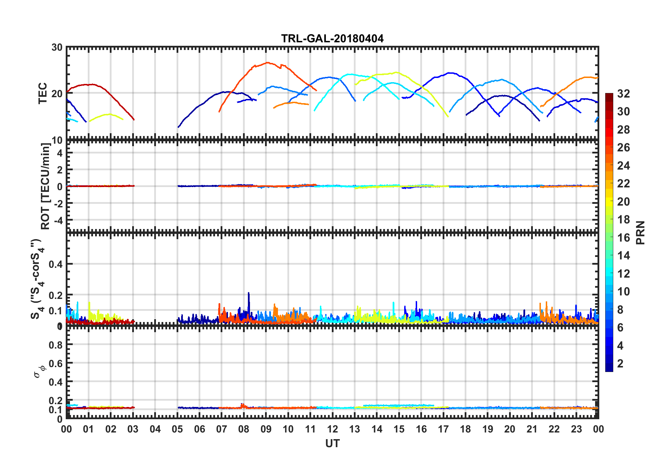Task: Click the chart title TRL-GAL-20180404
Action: tap(332, 38)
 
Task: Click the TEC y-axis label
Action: tap(43, 93)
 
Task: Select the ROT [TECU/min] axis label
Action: tap(45, 186)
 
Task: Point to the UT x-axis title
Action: tap(332, 443)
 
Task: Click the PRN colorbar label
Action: tap(641, 232)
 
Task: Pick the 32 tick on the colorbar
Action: tap(623, 94)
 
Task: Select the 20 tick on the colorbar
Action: tap(623, 202)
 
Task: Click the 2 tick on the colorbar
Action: tap(620, 364)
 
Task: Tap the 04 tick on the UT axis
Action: tap(155, 429)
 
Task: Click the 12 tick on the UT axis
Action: tap(332, 429)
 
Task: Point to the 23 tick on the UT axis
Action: tap(576, 429)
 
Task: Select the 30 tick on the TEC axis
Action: tap(57, 48)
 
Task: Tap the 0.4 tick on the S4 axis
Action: tap(56, 264)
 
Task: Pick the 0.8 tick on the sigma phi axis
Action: tap(56, 345)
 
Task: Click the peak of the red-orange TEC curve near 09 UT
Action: tap(267, 63)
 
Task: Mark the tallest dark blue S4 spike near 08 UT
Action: tap(249, 293)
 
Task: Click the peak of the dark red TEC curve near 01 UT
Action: tap(92, 84)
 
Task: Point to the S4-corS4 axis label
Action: tap(37, 279)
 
